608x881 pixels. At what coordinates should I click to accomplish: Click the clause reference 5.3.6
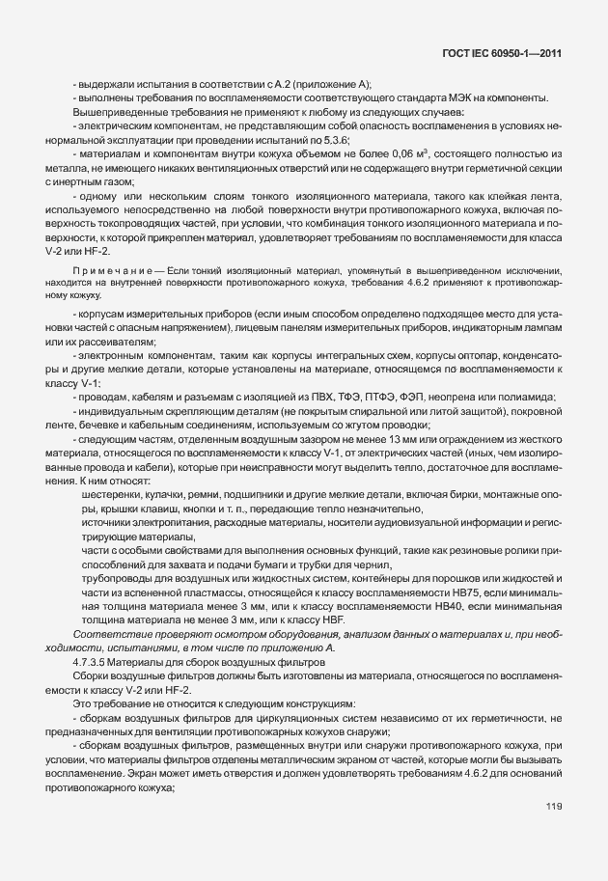(417, 141)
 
